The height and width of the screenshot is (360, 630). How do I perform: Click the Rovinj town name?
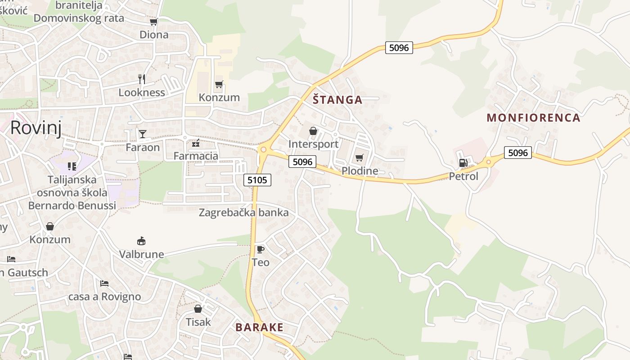[36, 127]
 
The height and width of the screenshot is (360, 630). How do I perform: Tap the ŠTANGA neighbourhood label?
[337, 100]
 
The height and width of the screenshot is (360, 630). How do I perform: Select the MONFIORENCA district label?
[533, 118]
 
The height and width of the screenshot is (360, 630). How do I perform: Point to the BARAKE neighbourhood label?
[260, 327]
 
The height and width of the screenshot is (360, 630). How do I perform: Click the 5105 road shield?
[258, 180]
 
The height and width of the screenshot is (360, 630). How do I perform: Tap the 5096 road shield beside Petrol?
[517, 153]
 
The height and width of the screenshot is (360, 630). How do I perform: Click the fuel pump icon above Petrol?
[463, 163]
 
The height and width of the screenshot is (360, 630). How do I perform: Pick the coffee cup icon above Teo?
[260, 249]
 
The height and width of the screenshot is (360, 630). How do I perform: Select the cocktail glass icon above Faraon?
[143, 134]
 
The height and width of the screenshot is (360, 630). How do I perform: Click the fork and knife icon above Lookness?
[142, 79]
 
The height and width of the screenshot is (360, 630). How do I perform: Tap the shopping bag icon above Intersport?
[313, 131]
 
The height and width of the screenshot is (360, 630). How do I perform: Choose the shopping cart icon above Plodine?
[359, 157]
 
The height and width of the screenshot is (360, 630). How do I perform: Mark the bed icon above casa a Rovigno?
[104, 283]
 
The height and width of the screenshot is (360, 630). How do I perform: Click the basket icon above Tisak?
[198, 309]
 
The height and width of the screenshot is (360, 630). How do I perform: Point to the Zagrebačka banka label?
[243, 212]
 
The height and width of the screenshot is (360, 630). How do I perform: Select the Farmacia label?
[196, 156]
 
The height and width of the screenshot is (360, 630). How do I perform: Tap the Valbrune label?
[141, 254]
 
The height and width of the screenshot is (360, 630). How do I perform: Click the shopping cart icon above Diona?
[153, 22]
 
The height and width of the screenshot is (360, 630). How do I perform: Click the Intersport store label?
[313, 144]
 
